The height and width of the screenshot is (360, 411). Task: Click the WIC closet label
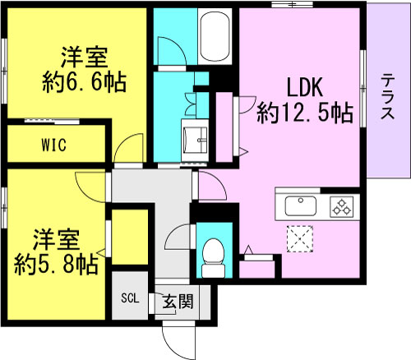tap(56, 145)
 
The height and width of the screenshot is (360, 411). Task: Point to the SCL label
tap(131, 299)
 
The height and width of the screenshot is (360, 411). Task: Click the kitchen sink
tap(301, 205)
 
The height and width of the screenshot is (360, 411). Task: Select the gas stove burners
tap(340, 206)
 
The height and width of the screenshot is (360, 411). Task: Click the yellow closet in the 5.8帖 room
tap(128, 239)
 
